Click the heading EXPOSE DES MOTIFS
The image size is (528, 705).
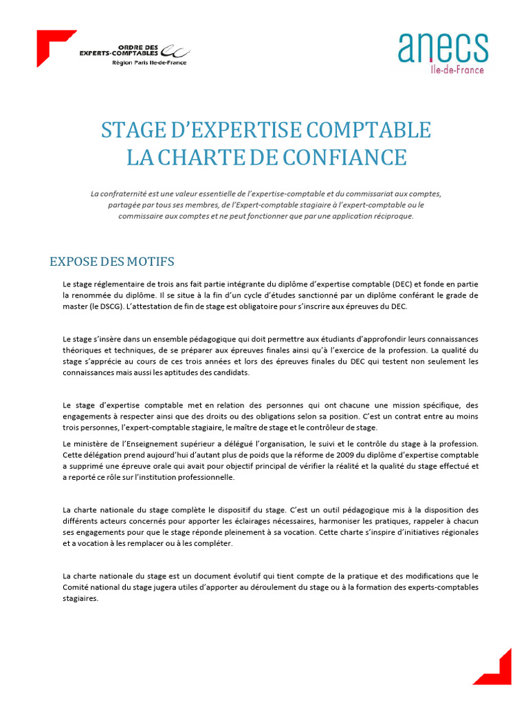pos(112,262)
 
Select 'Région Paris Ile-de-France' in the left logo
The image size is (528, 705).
pos(148,63)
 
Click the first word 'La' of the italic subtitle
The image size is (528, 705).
pos(95,193)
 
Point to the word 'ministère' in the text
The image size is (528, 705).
pos(96,443)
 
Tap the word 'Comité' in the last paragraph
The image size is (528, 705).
pos(74,587)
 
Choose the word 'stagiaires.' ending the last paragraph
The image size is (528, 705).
pos(80,598)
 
